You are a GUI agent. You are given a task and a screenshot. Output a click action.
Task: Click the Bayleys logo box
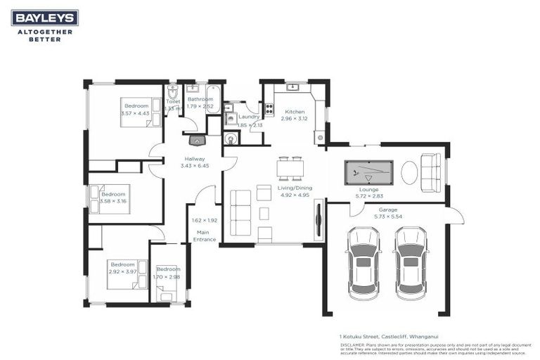click(x=44, y=18)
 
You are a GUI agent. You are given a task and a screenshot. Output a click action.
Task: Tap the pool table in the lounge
click(x=368, y=172)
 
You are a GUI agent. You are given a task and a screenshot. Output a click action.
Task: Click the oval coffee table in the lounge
click(x=409, y=172)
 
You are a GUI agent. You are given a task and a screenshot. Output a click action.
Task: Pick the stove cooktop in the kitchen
click(x=269, y=110)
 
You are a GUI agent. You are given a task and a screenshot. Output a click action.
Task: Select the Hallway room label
click(x=195, y=159)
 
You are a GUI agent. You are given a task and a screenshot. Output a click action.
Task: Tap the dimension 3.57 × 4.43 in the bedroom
click(x=135, y=112)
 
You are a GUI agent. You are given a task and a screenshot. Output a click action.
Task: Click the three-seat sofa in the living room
click(x=240, y=207)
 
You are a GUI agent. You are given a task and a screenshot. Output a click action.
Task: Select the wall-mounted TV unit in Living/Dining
click(x=319, y=219)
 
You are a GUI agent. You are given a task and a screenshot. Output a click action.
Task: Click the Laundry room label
click(x=249, y=117)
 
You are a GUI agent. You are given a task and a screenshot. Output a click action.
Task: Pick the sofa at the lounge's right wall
click(x=430, y=172)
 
